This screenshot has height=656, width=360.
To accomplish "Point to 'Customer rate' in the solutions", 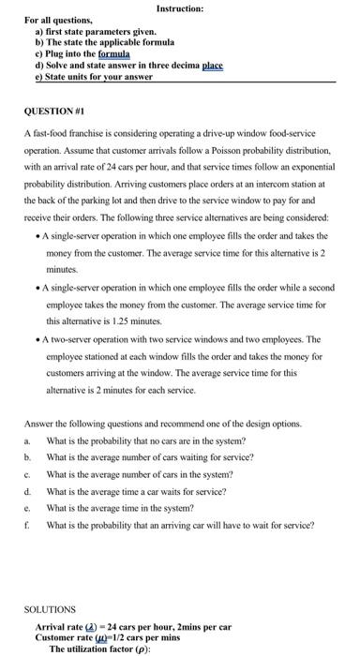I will (62, 636).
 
